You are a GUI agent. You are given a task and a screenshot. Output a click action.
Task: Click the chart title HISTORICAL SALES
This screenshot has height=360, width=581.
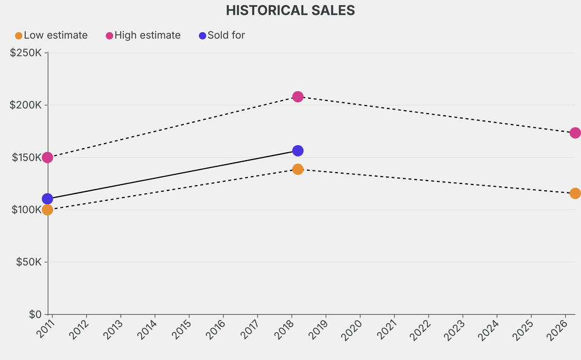tap(290, 10)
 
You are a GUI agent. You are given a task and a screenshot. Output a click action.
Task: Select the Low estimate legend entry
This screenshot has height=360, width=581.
tap(51, 35)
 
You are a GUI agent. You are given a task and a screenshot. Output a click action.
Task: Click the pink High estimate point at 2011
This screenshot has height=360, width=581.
tap(48, 157)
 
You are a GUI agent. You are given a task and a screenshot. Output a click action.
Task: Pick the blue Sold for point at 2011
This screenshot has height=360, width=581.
tap(48, 199)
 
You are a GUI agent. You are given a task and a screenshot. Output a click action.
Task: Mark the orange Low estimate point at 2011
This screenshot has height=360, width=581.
tap(48, 210)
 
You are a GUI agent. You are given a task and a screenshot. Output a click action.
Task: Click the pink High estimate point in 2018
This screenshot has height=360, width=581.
tap(298, 97)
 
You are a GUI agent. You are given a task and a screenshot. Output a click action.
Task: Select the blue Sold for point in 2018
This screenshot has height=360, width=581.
tap(298, 150)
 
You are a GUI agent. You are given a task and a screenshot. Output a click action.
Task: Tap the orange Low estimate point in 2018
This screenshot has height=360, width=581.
tap(298, 169)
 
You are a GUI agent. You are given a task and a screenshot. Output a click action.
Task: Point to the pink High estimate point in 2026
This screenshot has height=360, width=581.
tap(575, 133)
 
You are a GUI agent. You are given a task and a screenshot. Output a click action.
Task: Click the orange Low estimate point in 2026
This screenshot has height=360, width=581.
tap(575, 193)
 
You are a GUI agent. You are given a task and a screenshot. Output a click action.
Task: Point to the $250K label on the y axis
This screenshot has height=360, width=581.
tap(26, 53)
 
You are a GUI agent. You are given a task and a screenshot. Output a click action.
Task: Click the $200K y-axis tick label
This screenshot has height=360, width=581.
tap(26, 105)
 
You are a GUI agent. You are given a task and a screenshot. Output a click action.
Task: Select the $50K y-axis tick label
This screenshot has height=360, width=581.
tap(28, 262)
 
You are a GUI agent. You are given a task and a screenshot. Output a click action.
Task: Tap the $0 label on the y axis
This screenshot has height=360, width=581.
tap(35, 314)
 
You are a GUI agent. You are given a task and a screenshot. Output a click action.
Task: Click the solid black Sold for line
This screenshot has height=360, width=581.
tap(170, 175)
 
